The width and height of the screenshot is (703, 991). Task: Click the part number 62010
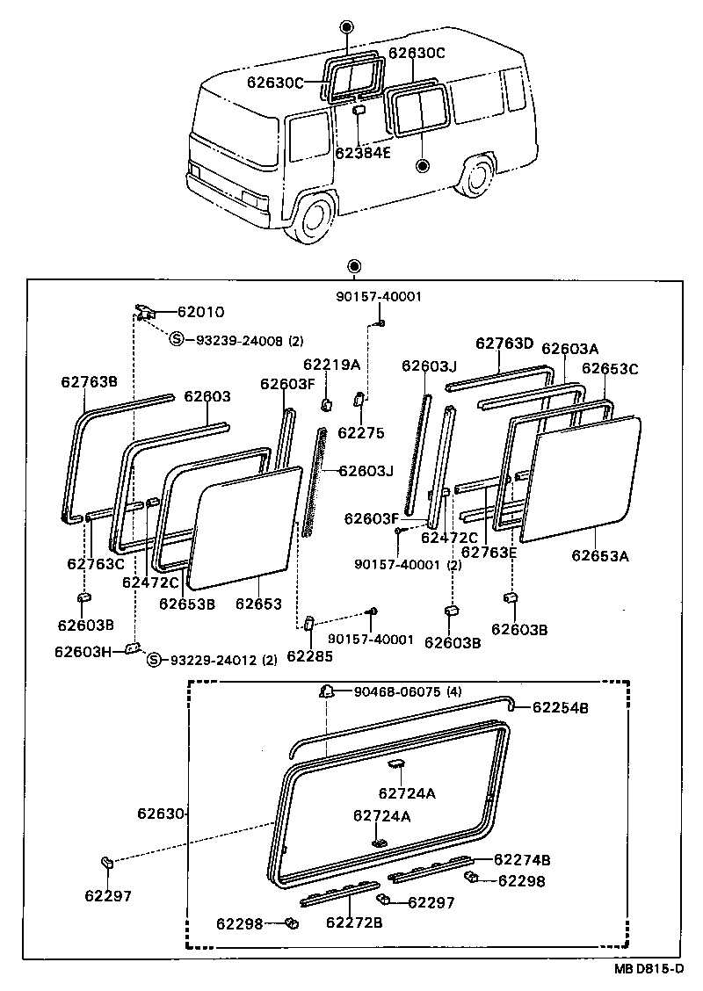pos(201,311)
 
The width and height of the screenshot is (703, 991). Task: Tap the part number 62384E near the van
pos(363,152)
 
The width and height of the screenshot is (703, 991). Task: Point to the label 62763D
pos(504,343)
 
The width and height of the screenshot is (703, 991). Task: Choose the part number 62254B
pos(561,706)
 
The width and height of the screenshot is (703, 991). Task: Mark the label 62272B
pos(355,922)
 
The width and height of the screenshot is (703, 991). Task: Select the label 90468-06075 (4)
pos(409,691)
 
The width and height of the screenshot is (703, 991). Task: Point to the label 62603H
pos(83,651)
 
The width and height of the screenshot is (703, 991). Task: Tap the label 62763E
pos(489,552)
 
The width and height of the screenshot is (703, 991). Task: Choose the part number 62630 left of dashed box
pos(160,814)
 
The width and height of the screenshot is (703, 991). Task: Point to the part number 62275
pos(356,432)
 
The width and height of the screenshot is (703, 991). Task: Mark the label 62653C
pos(610,368)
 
